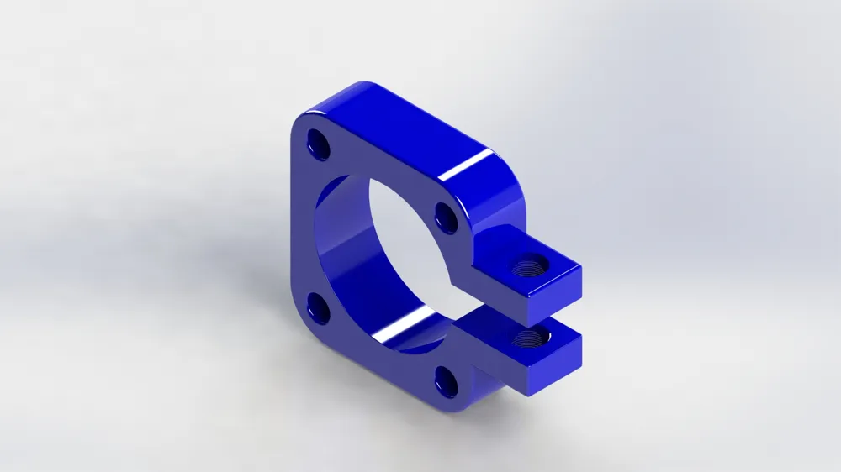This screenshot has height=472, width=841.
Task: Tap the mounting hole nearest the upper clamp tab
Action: coord(447,218)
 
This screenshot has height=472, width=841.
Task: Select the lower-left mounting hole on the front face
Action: coord(319,308)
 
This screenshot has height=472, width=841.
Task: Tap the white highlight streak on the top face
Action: coord(468,165)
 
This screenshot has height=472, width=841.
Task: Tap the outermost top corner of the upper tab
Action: coord(581,267)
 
